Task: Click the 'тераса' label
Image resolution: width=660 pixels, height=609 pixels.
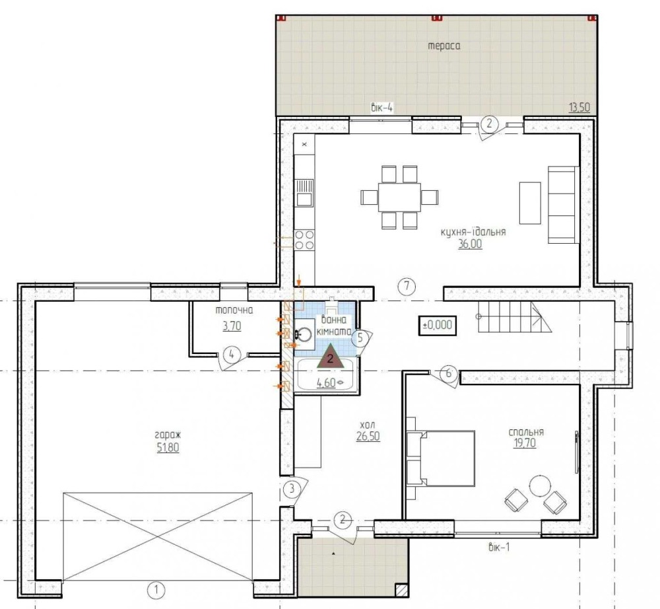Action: pyautogui.click(x=444, y=46)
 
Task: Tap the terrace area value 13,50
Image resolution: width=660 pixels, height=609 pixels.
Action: pyautogui.click(x=579, y=108)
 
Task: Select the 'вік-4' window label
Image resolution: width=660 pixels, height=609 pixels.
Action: pyautogui.click(x=381, y=108)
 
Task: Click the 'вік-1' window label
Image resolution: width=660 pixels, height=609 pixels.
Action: pyautogui.click(x=499, y=548)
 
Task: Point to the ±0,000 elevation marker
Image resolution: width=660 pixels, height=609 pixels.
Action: pyautogui.click(x=438, y=325)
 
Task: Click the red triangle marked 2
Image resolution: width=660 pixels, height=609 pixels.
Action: pyautogui.click(x=331, y=357)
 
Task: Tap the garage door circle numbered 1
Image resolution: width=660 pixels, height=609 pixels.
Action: pyautogui.click(x=156, y=590)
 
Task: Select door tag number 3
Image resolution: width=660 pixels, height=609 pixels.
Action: pyautogui.click(x=292, y=489)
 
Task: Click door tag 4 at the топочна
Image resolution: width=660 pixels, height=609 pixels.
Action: pyautogui.click(x=231, y=354)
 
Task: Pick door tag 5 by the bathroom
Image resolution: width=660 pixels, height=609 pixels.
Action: pyautogui.click(x=360, y=338)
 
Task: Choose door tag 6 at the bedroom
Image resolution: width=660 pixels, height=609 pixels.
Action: pyautogui.click(x=449, y=373)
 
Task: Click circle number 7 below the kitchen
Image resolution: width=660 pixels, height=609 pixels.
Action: pyautogui.click(x=407, y=287)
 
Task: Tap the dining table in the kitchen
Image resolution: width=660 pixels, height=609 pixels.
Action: pyautogui.click(x=399, y=197)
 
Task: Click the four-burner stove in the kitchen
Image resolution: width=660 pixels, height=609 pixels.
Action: pyautogui.click(x=304, y=240)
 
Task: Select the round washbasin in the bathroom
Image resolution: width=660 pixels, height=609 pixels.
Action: pyautogui.click(x=304, y=334)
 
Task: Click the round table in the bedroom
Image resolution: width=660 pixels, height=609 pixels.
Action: pyautogui.click(x=539, y=485)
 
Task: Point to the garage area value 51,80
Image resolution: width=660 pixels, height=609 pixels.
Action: pyautogui.click(x=168, y=447)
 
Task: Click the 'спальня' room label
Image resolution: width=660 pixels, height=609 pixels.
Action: pyautogui.click(x=526, y=432)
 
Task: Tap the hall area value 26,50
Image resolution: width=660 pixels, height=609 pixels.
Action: pyautogui.click(x=368, y=437)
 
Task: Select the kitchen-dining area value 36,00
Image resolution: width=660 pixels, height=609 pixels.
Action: pyautogui.click(x=470, y=244)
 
